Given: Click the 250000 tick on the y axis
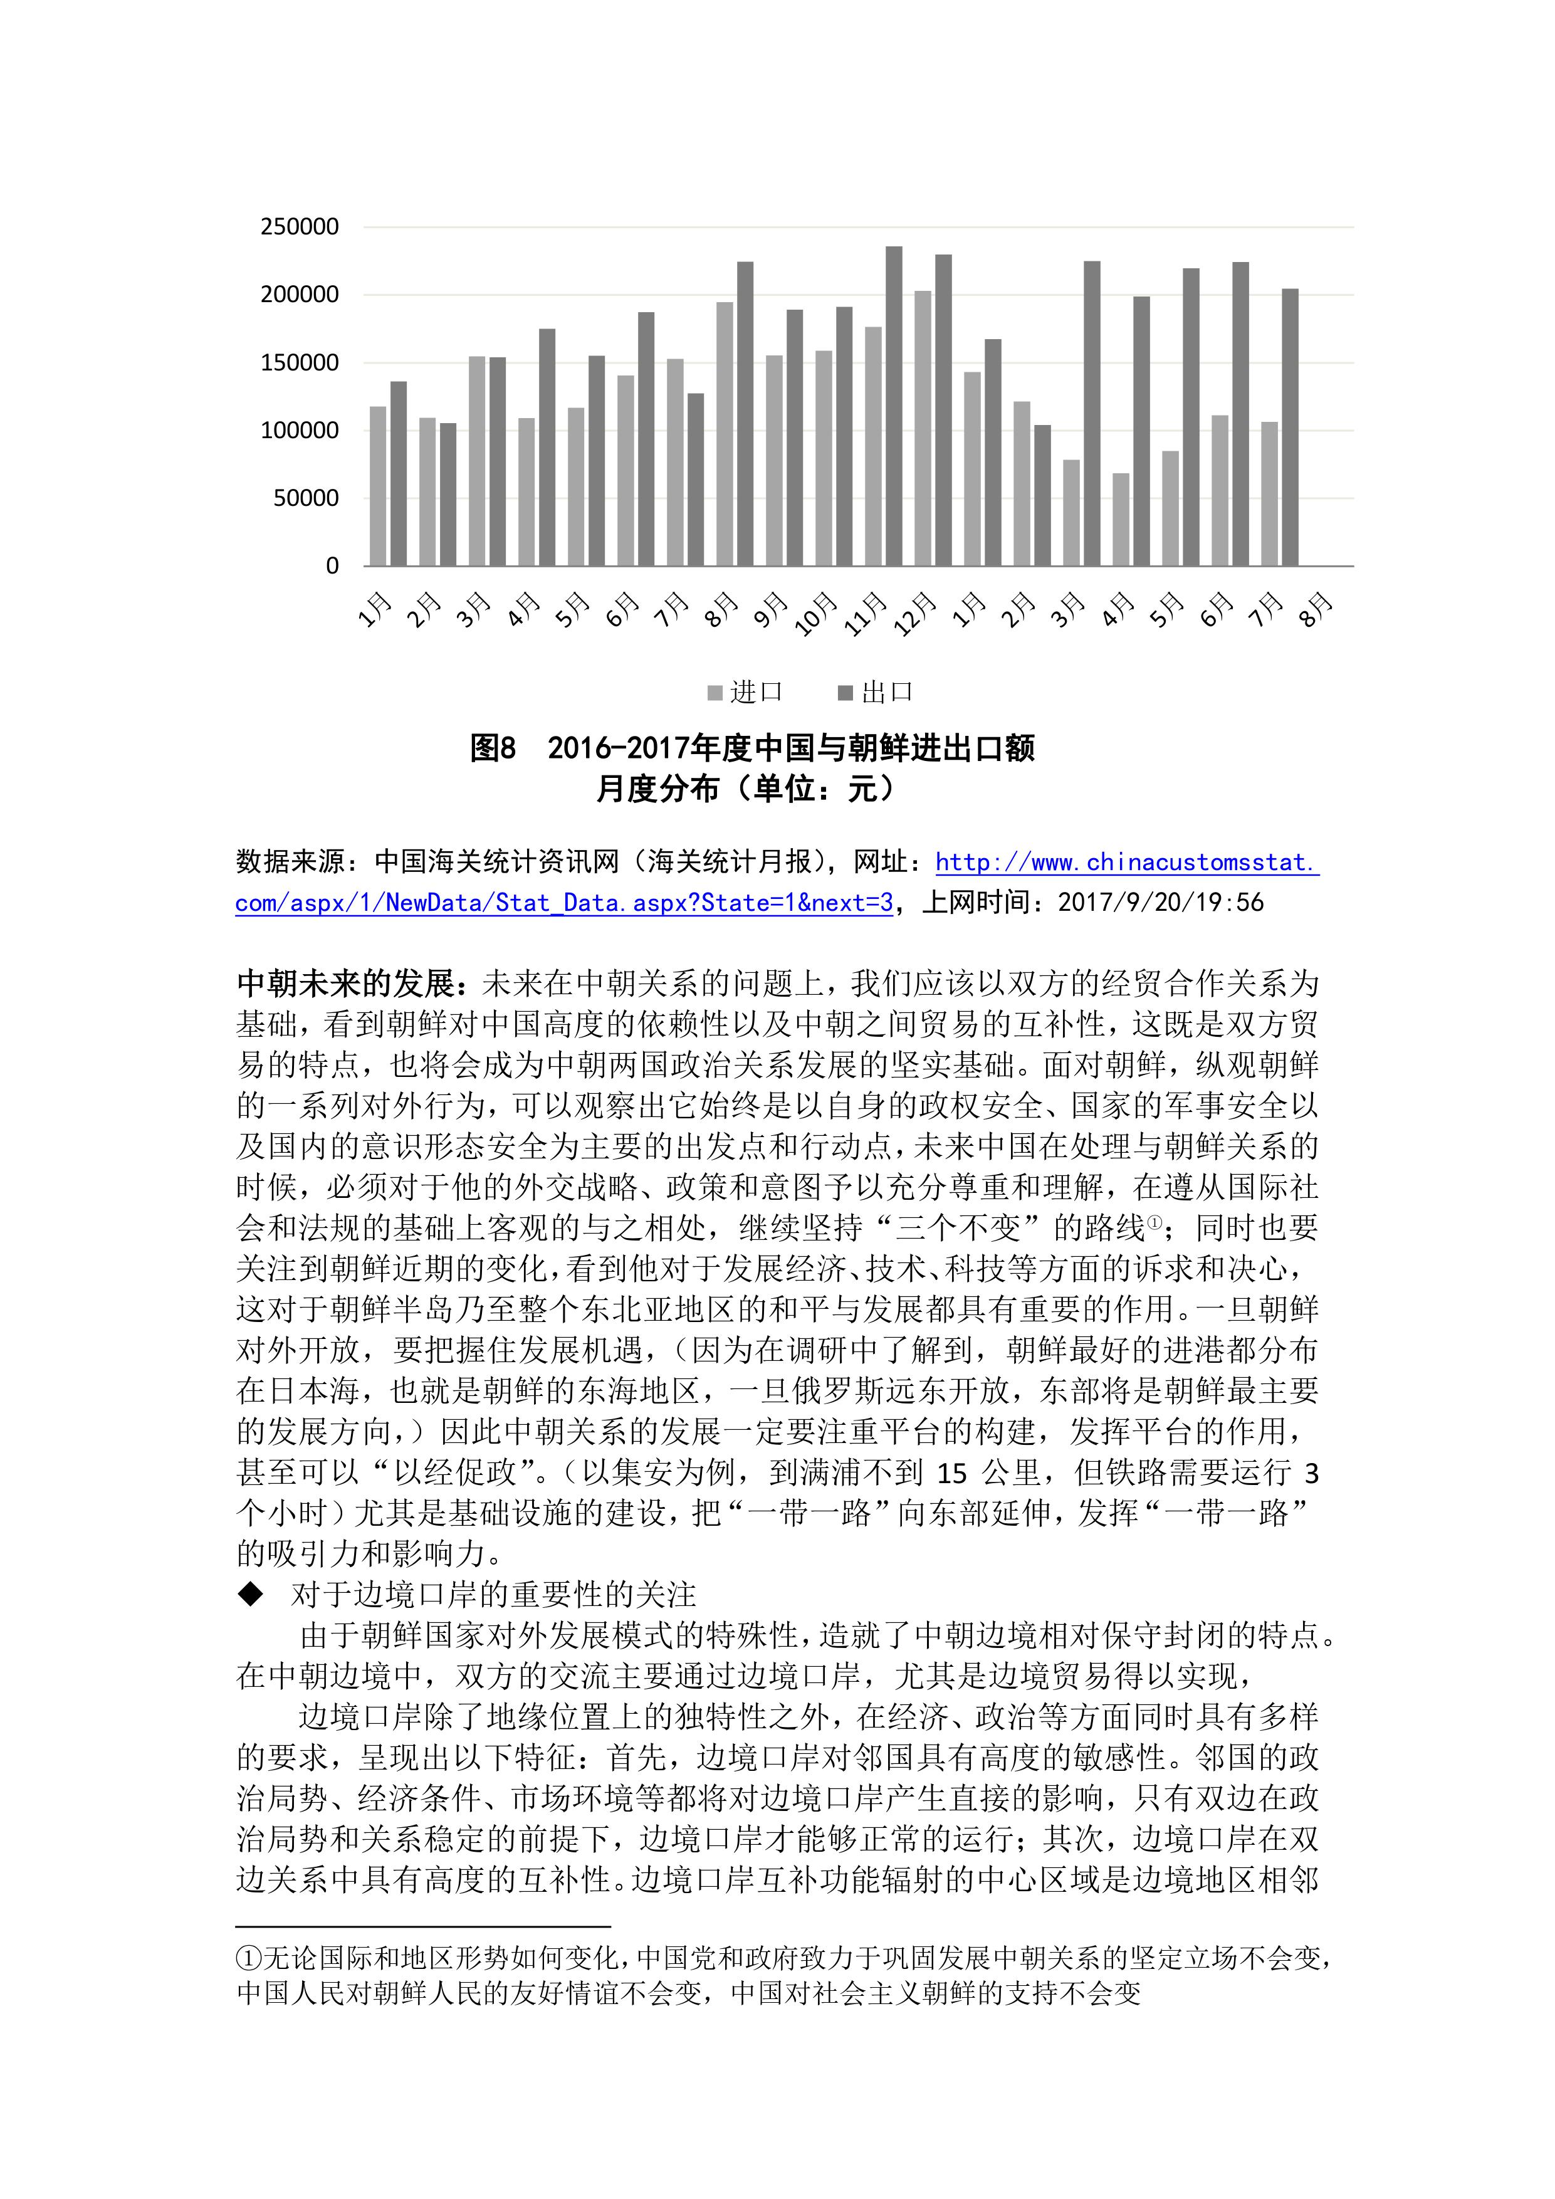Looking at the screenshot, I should (300, 227).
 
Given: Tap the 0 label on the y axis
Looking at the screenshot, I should (332, 566).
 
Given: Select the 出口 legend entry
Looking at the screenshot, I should (876, 693).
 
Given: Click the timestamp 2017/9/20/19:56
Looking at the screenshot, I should (1161, 902).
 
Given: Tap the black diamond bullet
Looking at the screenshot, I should (251, 1593).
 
